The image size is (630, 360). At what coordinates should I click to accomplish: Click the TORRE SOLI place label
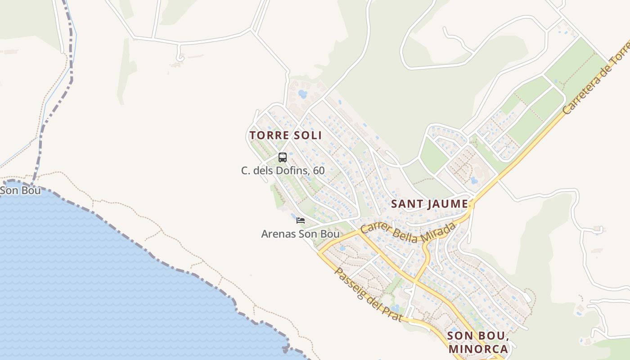pyautogui.click(x=286, y=135)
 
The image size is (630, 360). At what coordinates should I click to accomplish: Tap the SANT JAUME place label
pyautogui.click(x=429, y=204)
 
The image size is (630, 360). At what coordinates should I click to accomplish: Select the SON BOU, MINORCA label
pyautogui.click(x=478, y=342)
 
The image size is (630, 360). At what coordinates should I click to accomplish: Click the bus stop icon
pyautogui.click(x=283, y=157)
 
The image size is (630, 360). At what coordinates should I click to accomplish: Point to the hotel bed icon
pyautogui.click(x=301, y=220)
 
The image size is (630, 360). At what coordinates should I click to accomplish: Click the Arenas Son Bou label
pyautogui.click(x=300, y=234)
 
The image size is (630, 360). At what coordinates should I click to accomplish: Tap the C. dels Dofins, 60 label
pyautogui.click(x=283, y=171)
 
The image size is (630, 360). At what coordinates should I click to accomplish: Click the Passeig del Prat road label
pyautogui.click(x=367, y=295)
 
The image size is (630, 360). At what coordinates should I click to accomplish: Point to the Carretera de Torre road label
pyautogui.click(x=597, y=80)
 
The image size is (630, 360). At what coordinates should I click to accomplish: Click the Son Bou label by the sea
pyautogui.click(x=20, y=190)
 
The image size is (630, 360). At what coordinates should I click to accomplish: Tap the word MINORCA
pyautogui.click(x=478, y=349)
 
